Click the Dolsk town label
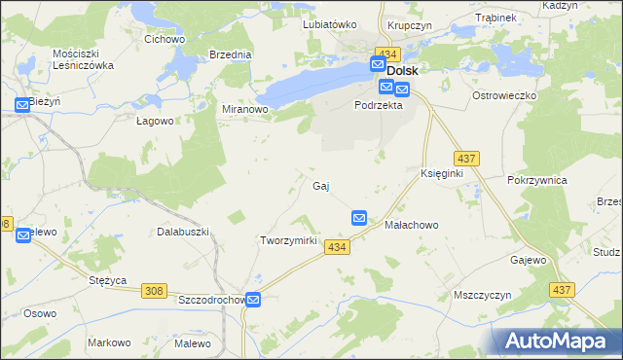(403, 71)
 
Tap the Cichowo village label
(165, 39)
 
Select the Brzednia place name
(230, 55)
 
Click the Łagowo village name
(154, 122)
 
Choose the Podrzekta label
(379, 105)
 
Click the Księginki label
(441, 172)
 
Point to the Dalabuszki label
(184, 232)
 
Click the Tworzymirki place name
(289, 240)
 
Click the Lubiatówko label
(330, 24)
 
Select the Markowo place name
(109, 342)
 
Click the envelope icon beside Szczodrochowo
(253, 301)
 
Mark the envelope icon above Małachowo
(359, 219)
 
